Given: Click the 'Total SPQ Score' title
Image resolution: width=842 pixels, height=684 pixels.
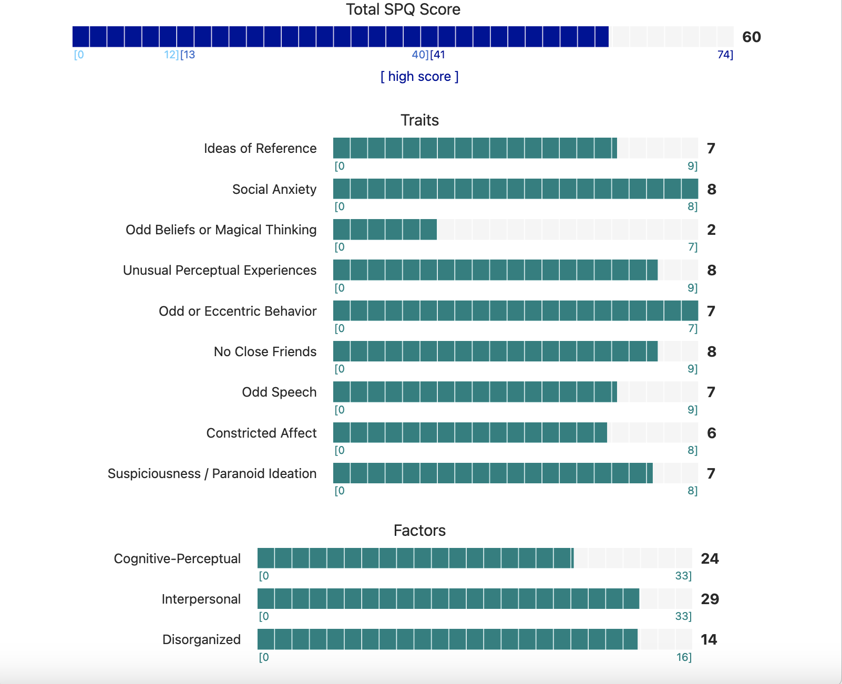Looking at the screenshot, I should click(x=403, y=9).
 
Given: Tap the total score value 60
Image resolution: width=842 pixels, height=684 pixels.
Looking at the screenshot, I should click(x=751, y=37).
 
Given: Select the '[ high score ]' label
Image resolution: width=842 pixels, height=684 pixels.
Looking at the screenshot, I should click(x=419, y=77).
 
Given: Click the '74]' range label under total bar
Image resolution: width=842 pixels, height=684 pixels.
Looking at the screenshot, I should click(x=725, y=55).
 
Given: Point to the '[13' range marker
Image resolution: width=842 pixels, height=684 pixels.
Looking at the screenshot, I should click(x=188, y=55).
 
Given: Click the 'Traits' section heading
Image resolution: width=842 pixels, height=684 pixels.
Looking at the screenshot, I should click(x=419, y=120).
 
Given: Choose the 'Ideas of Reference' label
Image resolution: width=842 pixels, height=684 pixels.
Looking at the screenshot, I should click(x=260, y=149).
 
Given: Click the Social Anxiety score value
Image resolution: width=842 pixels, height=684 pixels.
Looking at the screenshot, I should click(x=712, y=190).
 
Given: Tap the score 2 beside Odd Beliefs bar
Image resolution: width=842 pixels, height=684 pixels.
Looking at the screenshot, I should click(x=711, y=230).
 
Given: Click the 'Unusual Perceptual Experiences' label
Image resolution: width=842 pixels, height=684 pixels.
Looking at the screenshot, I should click(x=220, y=271).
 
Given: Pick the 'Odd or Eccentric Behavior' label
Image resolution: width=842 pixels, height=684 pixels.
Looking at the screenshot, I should click(x=238, y=312).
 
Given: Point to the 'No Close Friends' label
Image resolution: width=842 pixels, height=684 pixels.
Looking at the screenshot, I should click(x=265, y=352).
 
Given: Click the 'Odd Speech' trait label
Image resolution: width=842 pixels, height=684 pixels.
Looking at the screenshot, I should click(x=279, y=392).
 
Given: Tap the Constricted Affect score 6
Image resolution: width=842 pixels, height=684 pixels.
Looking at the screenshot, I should click(x=712, y=433).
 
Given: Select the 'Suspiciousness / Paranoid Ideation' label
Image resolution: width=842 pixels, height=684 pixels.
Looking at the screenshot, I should click(x=212, y=474).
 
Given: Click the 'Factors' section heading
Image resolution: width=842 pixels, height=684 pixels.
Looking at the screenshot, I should click(x=419, y=531).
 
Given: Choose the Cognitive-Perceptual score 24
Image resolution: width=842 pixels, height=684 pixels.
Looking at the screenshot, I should click(x=710, y=559).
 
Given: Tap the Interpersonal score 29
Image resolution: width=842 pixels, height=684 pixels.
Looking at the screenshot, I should click(x=710, y=599).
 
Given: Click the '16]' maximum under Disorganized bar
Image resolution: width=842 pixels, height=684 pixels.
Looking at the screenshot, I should click(x=684, y=657).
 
